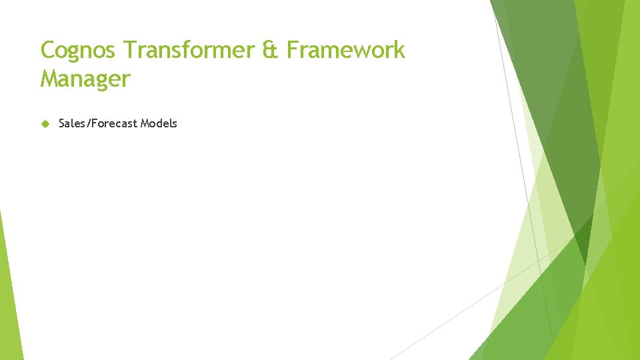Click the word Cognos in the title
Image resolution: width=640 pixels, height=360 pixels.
point(79,50)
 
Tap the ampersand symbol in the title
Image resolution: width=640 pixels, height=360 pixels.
point(271,50)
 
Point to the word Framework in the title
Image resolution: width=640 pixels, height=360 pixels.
point(346,50)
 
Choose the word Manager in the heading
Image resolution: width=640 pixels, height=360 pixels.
point(85,79)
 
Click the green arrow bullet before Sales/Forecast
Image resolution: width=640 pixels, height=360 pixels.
point(45,123)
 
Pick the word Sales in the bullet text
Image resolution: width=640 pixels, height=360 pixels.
point(71,123)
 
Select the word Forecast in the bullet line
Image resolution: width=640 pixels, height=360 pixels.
point(112,123)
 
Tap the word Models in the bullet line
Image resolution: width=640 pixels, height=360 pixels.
point(159,123)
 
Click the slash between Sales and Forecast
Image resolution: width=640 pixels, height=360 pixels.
point(85,123)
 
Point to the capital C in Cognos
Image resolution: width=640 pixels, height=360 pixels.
point(48,50)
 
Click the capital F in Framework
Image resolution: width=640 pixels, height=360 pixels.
point(292,50)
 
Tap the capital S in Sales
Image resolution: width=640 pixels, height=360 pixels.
point(62,123)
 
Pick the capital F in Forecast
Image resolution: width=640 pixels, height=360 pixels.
point(91,123)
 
